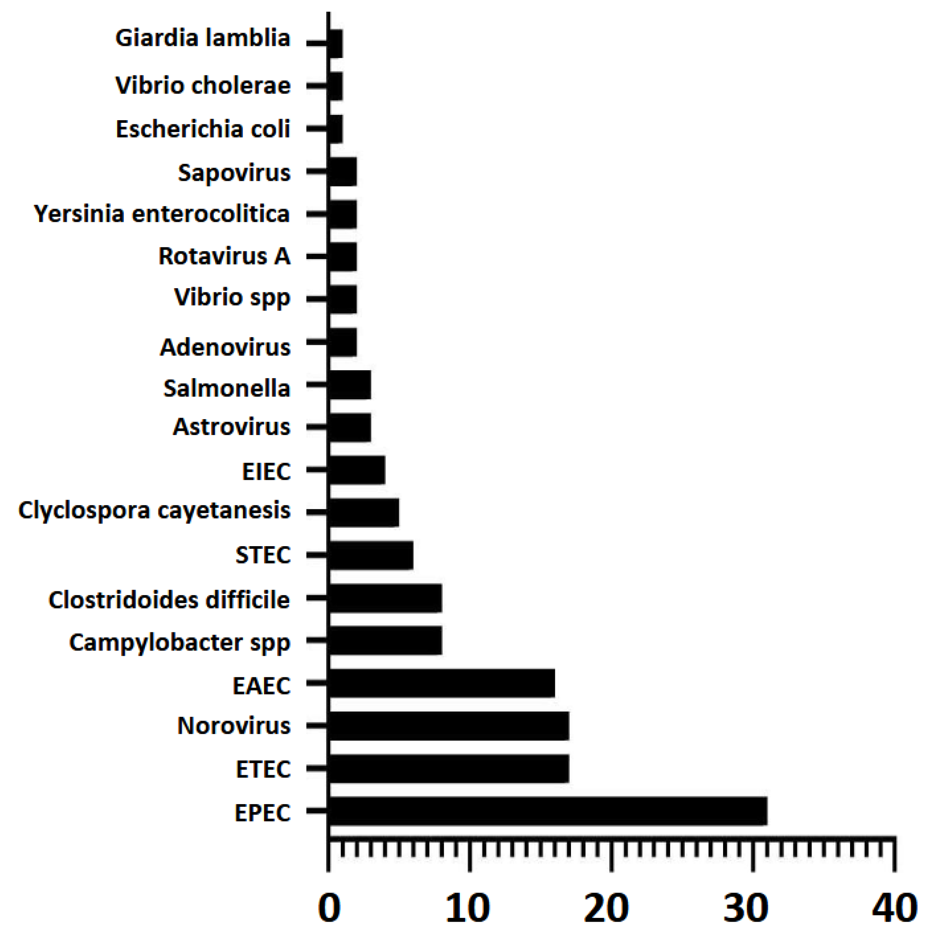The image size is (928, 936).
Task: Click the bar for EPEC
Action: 547,811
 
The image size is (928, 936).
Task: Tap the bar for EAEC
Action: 441,683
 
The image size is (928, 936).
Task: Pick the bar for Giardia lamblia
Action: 336,44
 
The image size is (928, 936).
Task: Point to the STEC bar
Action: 371,555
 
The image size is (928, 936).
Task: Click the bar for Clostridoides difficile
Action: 385,598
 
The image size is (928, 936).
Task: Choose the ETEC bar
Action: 449,768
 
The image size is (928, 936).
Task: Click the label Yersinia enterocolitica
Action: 162,214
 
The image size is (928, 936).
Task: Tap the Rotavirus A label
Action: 224,256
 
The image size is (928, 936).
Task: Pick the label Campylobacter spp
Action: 180,643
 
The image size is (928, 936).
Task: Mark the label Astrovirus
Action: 232,427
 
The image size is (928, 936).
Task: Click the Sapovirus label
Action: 234,173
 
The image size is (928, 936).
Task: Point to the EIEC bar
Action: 357,470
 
